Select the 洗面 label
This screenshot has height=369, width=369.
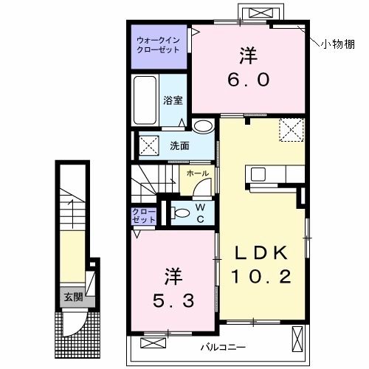179,145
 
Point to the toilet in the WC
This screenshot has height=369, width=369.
177,215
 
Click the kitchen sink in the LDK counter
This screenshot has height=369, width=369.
258,174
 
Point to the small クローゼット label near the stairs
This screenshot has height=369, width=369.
143,215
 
